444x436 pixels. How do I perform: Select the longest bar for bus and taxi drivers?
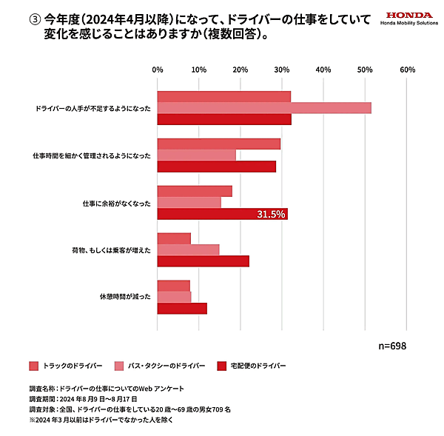pos(264,108)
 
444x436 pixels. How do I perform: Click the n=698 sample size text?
pos(391,346)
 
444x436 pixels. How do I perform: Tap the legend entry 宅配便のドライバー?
pos(251,366)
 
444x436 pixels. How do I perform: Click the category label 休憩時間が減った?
pos(125,297)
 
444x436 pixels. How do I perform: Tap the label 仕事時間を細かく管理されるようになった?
pos(92,155)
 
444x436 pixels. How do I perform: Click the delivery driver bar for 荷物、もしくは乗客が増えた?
pos(203,261)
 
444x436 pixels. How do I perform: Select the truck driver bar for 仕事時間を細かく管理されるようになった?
pos(219,144)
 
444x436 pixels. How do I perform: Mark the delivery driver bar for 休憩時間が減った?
pos(182,309)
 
